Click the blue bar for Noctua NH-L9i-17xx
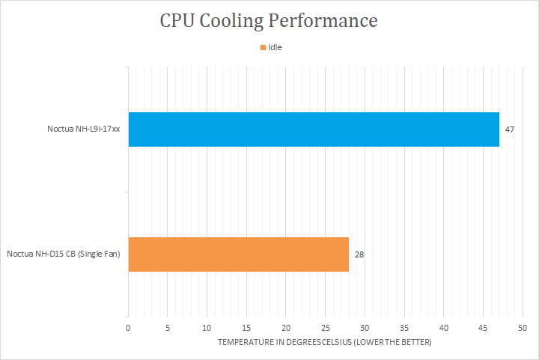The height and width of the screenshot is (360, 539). (314, 129)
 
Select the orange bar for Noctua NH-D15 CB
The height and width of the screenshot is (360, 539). (239, 254)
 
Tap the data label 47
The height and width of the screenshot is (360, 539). (510, 130)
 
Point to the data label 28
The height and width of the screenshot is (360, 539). (359, 254)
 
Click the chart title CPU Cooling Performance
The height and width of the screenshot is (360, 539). (269, 20)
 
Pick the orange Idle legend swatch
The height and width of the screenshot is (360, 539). (263, 48)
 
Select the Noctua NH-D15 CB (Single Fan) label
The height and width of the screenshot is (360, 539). (64, 254)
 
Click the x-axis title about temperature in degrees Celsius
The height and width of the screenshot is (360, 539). (325, 342)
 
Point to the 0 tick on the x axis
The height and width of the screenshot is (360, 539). (128, 328)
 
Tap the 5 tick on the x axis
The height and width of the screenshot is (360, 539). (168, 328)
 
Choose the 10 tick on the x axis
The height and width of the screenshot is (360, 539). (207, 328)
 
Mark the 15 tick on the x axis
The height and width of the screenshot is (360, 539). (246, 328)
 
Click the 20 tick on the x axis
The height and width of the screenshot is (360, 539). (286, 328)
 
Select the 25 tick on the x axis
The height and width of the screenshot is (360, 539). (325, 328)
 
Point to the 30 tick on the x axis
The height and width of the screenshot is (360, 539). (365, 328)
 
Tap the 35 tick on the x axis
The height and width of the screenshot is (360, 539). (404, 328)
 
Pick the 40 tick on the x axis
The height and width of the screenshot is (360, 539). (443, 328)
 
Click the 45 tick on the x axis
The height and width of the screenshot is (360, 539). (483, 328)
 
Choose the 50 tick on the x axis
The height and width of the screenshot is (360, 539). (523, 328)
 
